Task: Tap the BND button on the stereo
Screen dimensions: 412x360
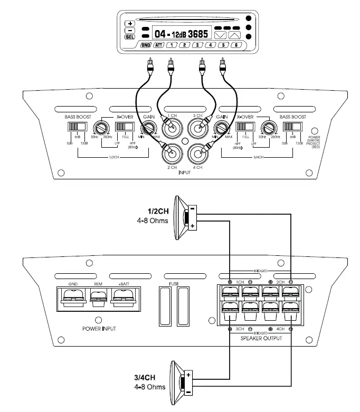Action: point(146,45)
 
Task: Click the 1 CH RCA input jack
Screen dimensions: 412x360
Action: point(172,126)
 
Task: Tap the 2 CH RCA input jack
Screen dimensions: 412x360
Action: point(172,154)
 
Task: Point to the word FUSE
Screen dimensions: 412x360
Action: point(174,284)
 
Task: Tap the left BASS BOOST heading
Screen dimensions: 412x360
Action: point(79,116)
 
